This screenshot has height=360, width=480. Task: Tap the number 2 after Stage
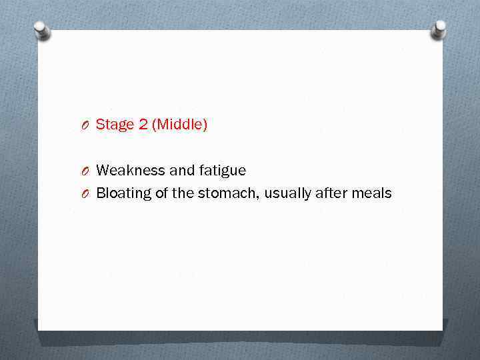pos(141,125)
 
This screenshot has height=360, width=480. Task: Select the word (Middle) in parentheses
pos(179,125)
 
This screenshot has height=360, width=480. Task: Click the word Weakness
pos(131,171)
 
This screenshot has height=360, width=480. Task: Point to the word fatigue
pos(222,171)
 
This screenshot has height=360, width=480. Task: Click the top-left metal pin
pos(42,30)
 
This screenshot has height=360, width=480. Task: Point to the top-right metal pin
pos(439,29)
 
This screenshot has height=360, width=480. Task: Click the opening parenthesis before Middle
pos(155,125)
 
